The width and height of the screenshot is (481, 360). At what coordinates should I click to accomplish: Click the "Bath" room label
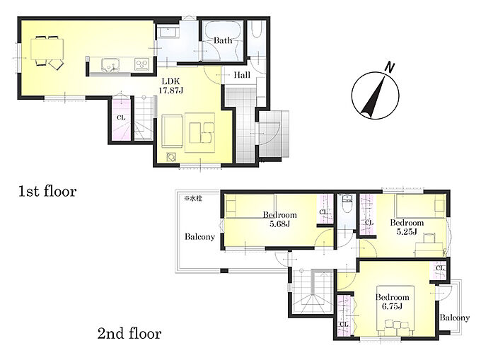[223, 40]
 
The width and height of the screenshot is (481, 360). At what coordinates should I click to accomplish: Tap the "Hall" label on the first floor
[242, 75]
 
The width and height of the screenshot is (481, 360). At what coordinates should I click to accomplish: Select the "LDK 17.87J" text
[171, 86]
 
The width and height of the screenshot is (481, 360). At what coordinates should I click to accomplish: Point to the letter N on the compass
[390, 67]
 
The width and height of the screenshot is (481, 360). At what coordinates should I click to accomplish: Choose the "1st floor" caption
[47, 192]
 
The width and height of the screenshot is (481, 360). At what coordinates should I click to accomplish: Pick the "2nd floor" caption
[129, 333]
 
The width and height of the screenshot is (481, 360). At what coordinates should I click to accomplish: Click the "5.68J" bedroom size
[279, 223]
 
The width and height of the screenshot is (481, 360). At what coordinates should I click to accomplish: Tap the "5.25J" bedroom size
[407, 231]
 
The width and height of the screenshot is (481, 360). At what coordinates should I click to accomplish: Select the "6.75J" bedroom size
[392, 306]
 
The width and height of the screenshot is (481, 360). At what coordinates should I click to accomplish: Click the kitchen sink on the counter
[110, 64]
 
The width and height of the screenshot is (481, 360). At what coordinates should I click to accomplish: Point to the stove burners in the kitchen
[141, 64]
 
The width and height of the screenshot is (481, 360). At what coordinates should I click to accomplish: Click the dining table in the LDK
[47, 49]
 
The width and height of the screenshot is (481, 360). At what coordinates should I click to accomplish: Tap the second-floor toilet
[347, 203]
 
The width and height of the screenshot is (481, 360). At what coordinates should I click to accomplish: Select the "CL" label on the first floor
[121, 117]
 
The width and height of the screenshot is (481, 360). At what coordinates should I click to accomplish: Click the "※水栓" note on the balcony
[193, 199]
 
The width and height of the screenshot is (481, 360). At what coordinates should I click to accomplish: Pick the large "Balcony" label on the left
[199, 237]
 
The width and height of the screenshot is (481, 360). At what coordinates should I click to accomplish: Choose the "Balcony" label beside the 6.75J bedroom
[454, 318]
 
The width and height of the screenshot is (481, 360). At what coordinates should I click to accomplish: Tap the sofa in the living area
[173, 131]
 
